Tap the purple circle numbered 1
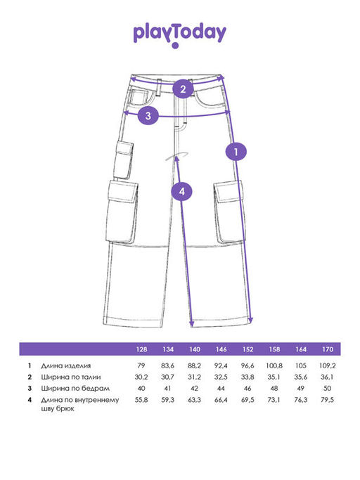coord(236,151)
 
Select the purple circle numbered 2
coord(183,89)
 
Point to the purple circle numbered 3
coord(148,116)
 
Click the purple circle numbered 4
coord(182,191)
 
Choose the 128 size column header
coord(141,349)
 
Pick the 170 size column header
coord(328,349)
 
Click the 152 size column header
coord(248,349)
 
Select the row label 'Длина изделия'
coord(66,365)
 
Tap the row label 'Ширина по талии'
coord(71,377)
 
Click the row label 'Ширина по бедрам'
coord(75,389)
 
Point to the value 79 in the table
coord(141,365)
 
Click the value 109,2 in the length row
coord(327,365)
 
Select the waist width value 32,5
coord(221,377)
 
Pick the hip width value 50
coord(327,388)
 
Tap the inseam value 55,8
coord(141,400)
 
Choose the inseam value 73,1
coord(274,400)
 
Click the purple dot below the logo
coord(175,46)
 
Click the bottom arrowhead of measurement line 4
coord(192,324)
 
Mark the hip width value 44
coord(221,388)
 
